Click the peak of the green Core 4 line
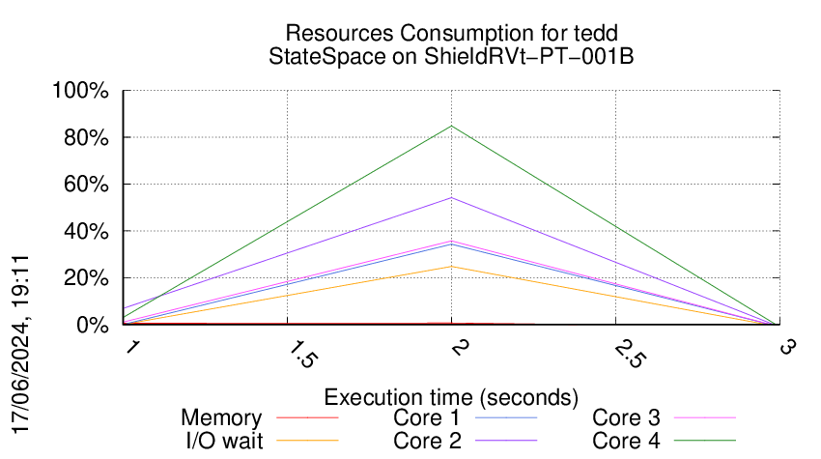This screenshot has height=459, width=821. [x=451, y=126]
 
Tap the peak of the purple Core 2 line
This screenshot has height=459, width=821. [x=451, y=198]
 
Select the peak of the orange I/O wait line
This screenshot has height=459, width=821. [x=451, y=267]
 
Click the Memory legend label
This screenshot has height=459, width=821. [x=221, y=418]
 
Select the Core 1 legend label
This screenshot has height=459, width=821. [x=426, y=418]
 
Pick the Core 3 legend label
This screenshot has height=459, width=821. [x=626, y=418]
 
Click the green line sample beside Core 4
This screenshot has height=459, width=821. [x=704, y=441]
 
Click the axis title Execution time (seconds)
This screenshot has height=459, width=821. [x=451, y=397]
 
